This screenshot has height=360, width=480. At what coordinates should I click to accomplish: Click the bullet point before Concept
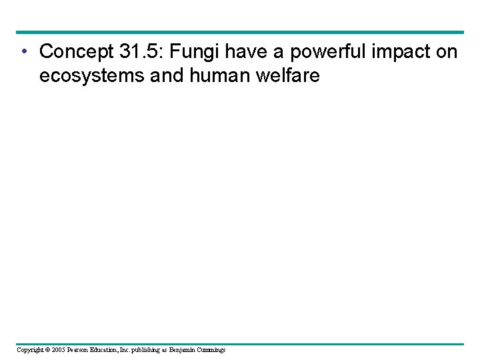[23, 52]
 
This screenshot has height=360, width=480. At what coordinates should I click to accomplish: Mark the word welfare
[288, 76]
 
